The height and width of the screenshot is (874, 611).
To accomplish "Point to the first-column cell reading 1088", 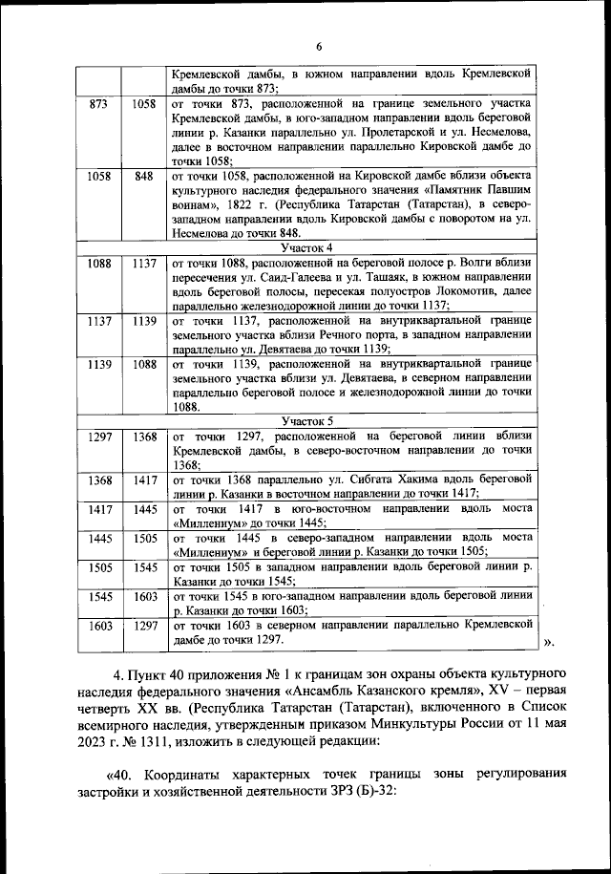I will (99, 263).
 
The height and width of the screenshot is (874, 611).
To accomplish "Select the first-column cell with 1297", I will (99, 436).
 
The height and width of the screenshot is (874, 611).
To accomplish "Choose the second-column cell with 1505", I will (144, 538).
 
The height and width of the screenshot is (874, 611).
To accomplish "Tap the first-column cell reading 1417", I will (99, 509).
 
